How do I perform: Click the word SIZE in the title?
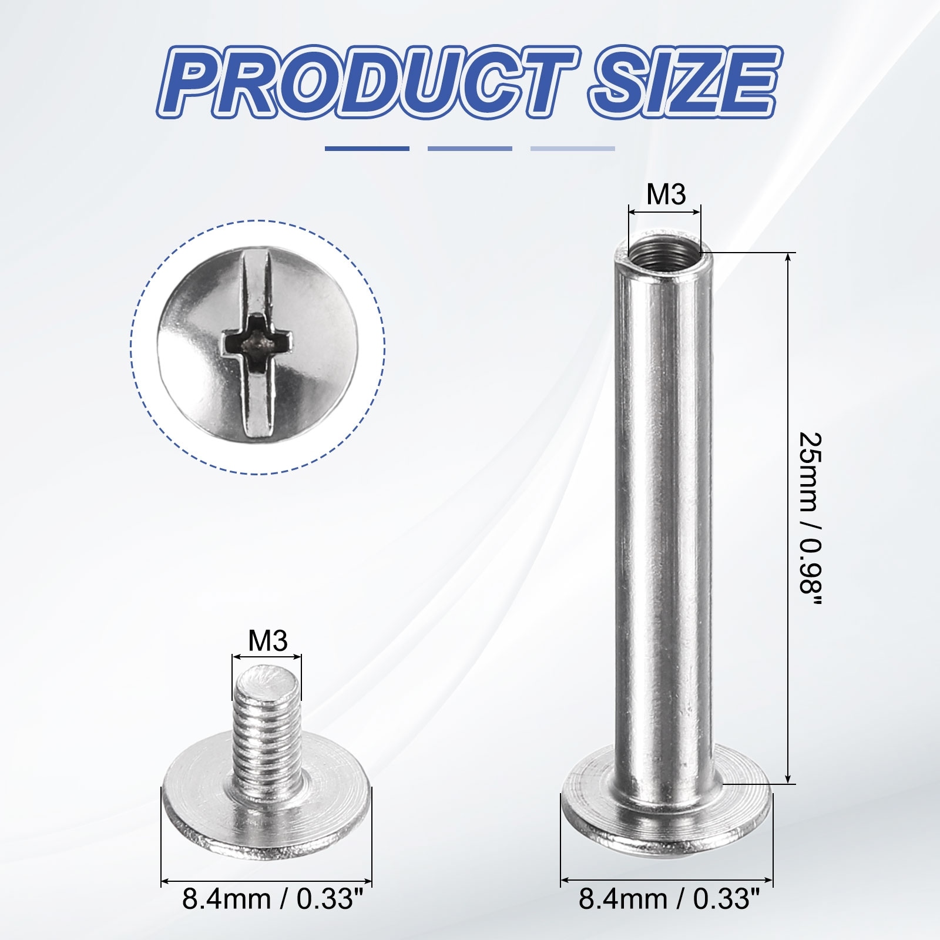684,87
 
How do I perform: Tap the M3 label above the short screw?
268,640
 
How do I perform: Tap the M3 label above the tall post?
666,194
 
